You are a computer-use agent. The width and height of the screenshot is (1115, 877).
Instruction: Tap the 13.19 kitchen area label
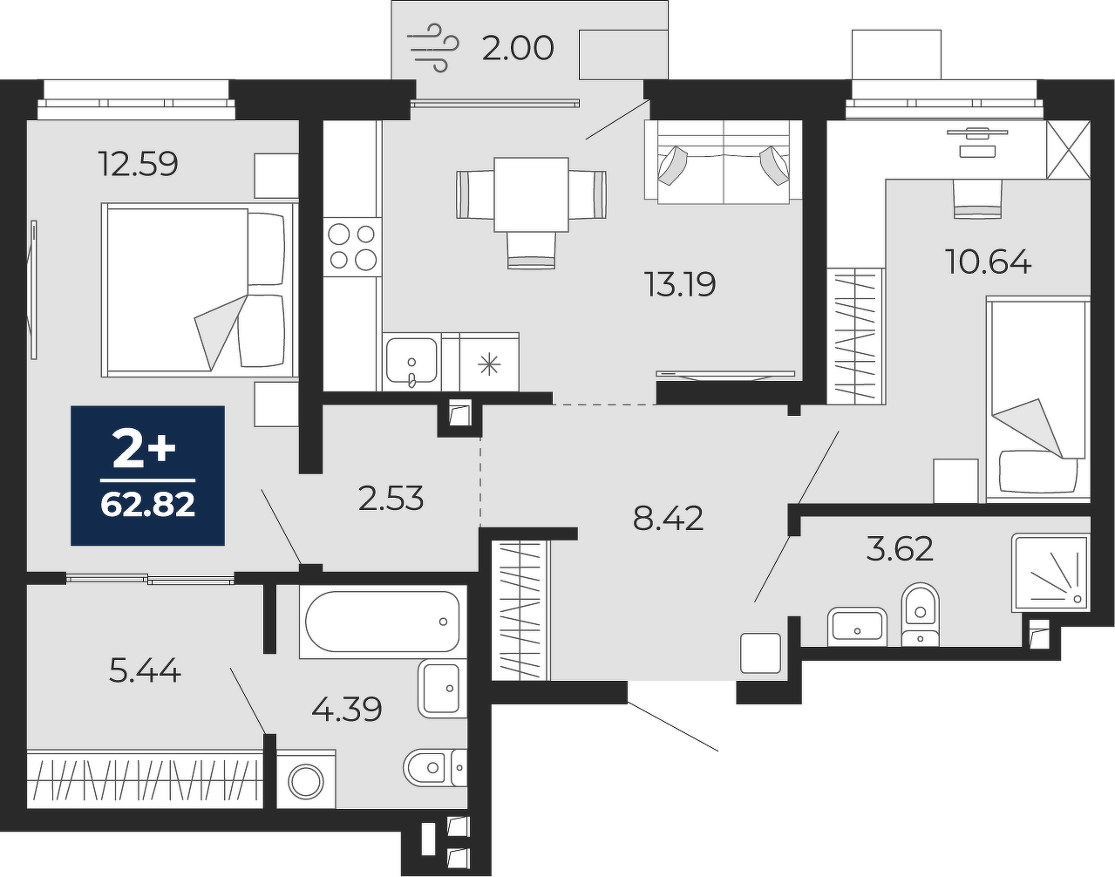coord(679,284)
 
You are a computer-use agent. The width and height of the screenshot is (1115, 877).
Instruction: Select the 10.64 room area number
coord(988,262)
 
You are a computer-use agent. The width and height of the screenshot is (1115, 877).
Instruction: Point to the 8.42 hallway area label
coord(668,519)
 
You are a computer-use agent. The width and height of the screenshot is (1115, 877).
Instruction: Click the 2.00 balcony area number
coord(518,48)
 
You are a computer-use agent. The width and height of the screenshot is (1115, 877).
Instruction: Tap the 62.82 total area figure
coord(147,505)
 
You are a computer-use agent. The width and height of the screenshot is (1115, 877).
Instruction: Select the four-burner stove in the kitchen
coord(352,248)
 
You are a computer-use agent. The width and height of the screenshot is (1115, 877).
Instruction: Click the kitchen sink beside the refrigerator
coord(411,362)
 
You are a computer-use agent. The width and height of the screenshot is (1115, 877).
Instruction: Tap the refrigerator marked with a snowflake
coord(489,362)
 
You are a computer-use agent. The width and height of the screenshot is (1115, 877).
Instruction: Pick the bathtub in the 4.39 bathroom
coord(383,622)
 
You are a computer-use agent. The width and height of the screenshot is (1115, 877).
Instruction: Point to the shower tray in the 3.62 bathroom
coord(1050,573)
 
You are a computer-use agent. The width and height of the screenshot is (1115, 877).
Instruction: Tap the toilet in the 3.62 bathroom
coord(921,615)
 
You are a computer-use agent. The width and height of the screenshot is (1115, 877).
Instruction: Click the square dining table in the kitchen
coord(531,194)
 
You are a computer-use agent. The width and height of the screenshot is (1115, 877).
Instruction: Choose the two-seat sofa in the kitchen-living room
coord(723,162)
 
